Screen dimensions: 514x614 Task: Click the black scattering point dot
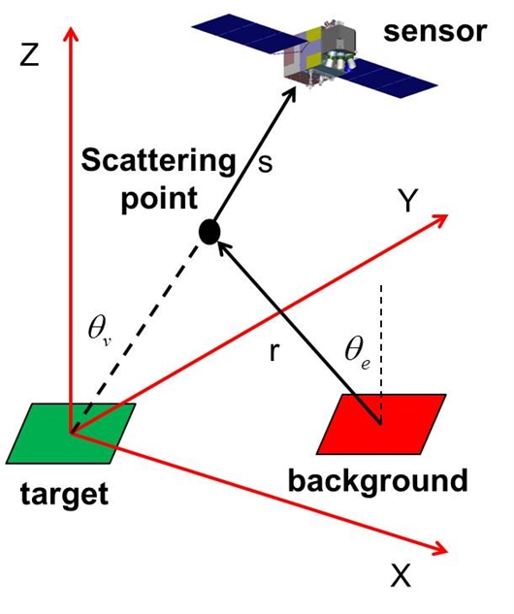[x=209, y=232]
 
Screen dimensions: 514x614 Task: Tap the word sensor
[x=434, y=31]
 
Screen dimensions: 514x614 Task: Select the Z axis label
[x=30, y=56]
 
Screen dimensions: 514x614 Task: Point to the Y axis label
[x=407, y=200]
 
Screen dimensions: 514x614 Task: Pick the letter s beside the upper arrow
[x=265, y=163]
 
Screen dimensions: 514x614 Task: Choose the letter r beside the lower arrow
[x=274, y=351]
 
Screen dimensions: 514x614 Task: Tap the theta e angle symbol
[x=358, y=351]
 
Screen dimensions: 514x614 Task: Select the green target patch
[x=71, y=433]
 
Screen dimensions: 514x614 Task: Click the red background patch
[x=381, y=424]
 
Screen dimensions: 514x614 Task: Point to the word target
[x=64, y=494]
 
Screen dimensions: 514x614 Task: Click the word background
[x=378, y=480]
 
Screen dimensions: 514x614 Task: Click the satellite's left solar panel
[x=246, y=32]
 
